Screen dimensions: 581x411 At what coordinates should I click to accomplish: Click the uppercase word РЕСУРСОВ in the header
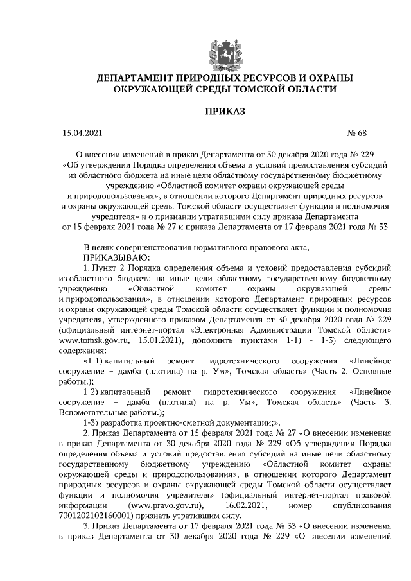coord(254,78)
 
